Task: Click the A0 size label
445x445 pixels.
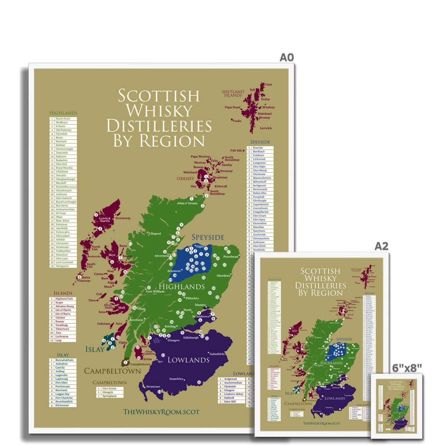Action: (286, 57)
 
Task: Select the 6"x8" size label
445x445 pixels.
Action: (407, 367)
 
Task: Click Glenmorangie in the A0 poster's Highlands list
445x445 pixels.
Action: (65, 149)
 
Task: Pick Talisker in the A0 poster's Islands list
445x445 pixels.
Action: (60, 318)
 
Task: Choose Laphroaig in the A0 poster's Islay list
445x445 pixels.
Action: (62, 379)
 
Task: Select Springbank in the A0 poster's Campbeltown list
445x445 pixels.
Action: (109, 396)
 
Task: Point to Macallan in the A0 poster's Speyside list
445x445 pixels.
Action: (258, 227)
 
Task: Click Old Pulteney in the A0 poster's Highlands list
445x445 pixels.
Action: (63, 130)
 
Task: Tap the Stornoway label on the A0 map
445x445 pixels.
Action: (123, 218)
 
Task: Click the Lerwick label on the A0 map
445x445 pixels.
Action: (266, 128)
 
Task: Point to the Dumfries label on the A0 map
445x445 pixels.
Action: (176, 379)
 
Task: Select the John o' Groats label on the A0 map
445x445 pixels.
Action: (187, 203)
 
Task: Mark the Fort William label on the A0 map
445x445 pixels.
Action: (155, 291)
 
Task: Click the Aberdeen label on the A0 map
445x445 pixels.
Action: (223, 276)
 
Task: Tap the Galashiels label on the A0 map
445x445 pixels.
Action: (217, 354)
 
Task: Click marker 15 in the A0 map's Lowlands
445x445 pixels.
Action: (199, 382)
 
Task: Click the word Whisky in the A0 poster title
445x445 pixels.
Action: (159, 111)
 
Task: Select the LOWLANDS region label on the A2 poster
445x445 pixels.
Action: (334, 398)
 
